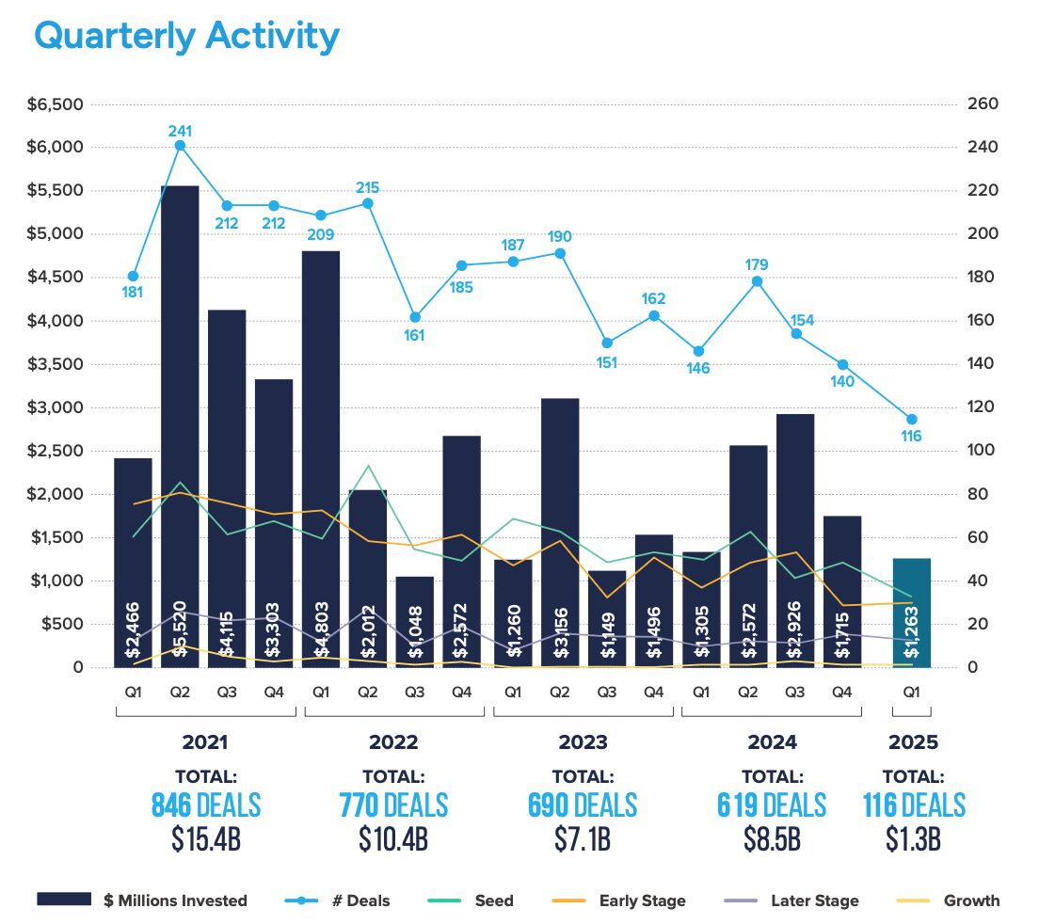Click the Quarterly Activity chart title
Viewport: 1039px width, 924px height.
pyautogui.click(x=186, y=36)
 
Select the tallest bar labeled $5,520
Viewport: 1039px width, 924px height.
pyautogui.click(x=180, y=423)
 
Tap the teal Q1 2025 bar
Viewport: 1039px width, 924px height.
pyautogui.click(x=911, y=612)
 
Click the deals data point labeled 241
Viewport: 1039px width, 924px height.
pyautogui.click(x=180, y=145)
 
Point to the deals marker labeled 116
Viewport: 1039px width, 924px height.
pyautogui.click(x=911, y=420)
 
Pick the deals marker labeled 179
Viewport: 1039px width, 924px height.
pyautogui.click(x=757, y=281)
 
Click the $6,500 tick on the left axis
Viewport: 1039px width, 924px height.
pyautogui.click(x=59, y=104)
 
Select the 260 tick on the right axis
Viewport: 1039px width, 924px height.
pyautogui.click(x=982, y=104)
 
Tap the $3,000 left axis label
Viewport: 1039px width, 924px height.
pyautogui.click(x=59, y=407)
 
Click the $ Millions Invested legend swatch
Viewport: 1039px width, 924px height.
pyautogui.click(x=64, y=900)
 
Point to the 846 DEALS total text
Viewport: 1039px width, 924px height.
pyautogui.click(x=206, y=805)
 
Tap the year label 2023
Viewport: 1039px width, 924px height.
pyautogui.click(x=583, y=742)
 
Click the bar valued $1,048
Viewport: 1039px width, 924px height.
pyautogui.click(x=415, y=621)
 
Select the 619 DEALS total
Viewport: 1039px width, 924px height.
pyautogui.click(x=772, y=805)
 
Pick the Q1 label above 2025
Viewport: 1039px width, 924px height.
pyautogui.click(x=911, y=692)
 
